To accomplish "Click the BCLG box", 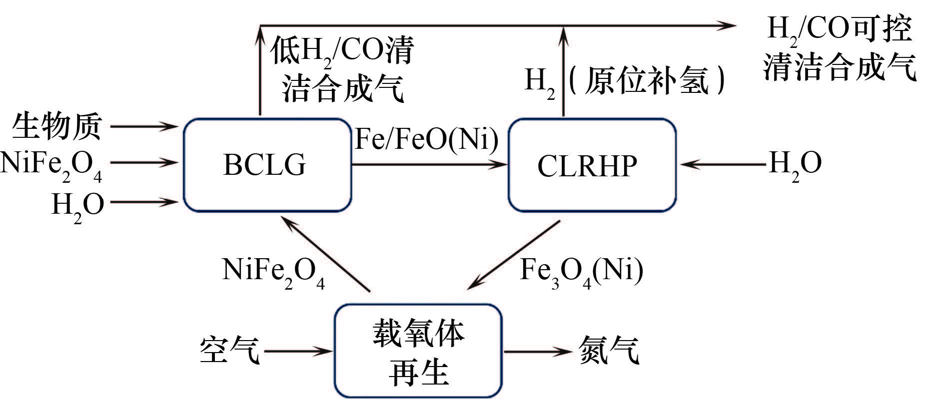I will click(x=267, y=165).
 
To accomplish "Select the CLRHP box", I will click(x=592, y=165).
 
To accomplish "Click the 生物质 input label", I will click(x=57, y=126).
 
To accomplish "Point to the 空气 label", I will click(x=229, y=350).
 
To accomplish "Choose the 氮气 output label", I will click(x=608, y=350).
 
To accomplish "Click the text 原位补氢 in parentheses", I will click(x=647, y=80).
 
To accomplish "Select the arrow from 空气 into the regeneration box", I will click(x=298, y=351).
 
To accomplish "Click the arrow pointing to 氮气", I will click(x=537, y=351).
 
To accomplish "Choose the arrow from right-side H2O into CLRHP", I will click(x=722, y=164).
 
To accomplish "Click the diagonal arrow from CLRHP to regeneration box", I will click(x=514, y=255).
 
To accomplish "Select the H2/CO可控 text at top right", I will click(x=840, y=29).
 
